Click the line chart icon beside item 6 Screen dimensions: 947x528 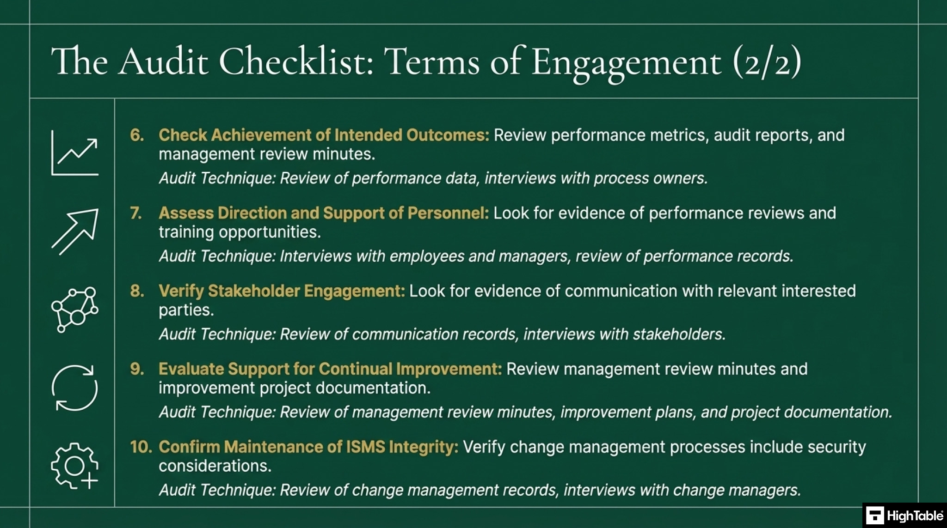tap(74, 153)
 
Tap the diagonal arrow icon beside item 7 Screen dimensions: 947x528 tap(75, 231)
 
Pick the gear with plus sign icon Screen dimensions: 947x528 tap(74, 466)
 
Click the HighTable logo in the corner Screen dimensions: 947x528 tap(904, 516)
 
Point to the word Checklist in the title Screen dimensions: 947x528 tap(296, 61)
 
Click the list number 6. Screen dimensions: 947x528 tap(137, 135)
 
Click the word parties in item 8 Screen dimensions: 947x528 tap(186, 310)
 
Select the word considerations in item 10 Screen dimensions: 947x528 tap(215, 466)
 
